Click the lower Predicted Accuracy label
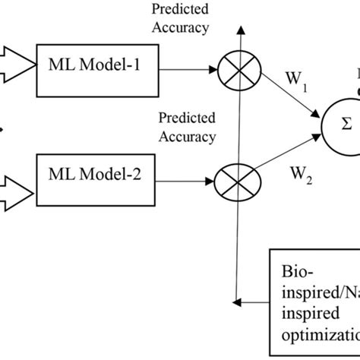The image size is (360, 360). [x=187, y=127]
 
